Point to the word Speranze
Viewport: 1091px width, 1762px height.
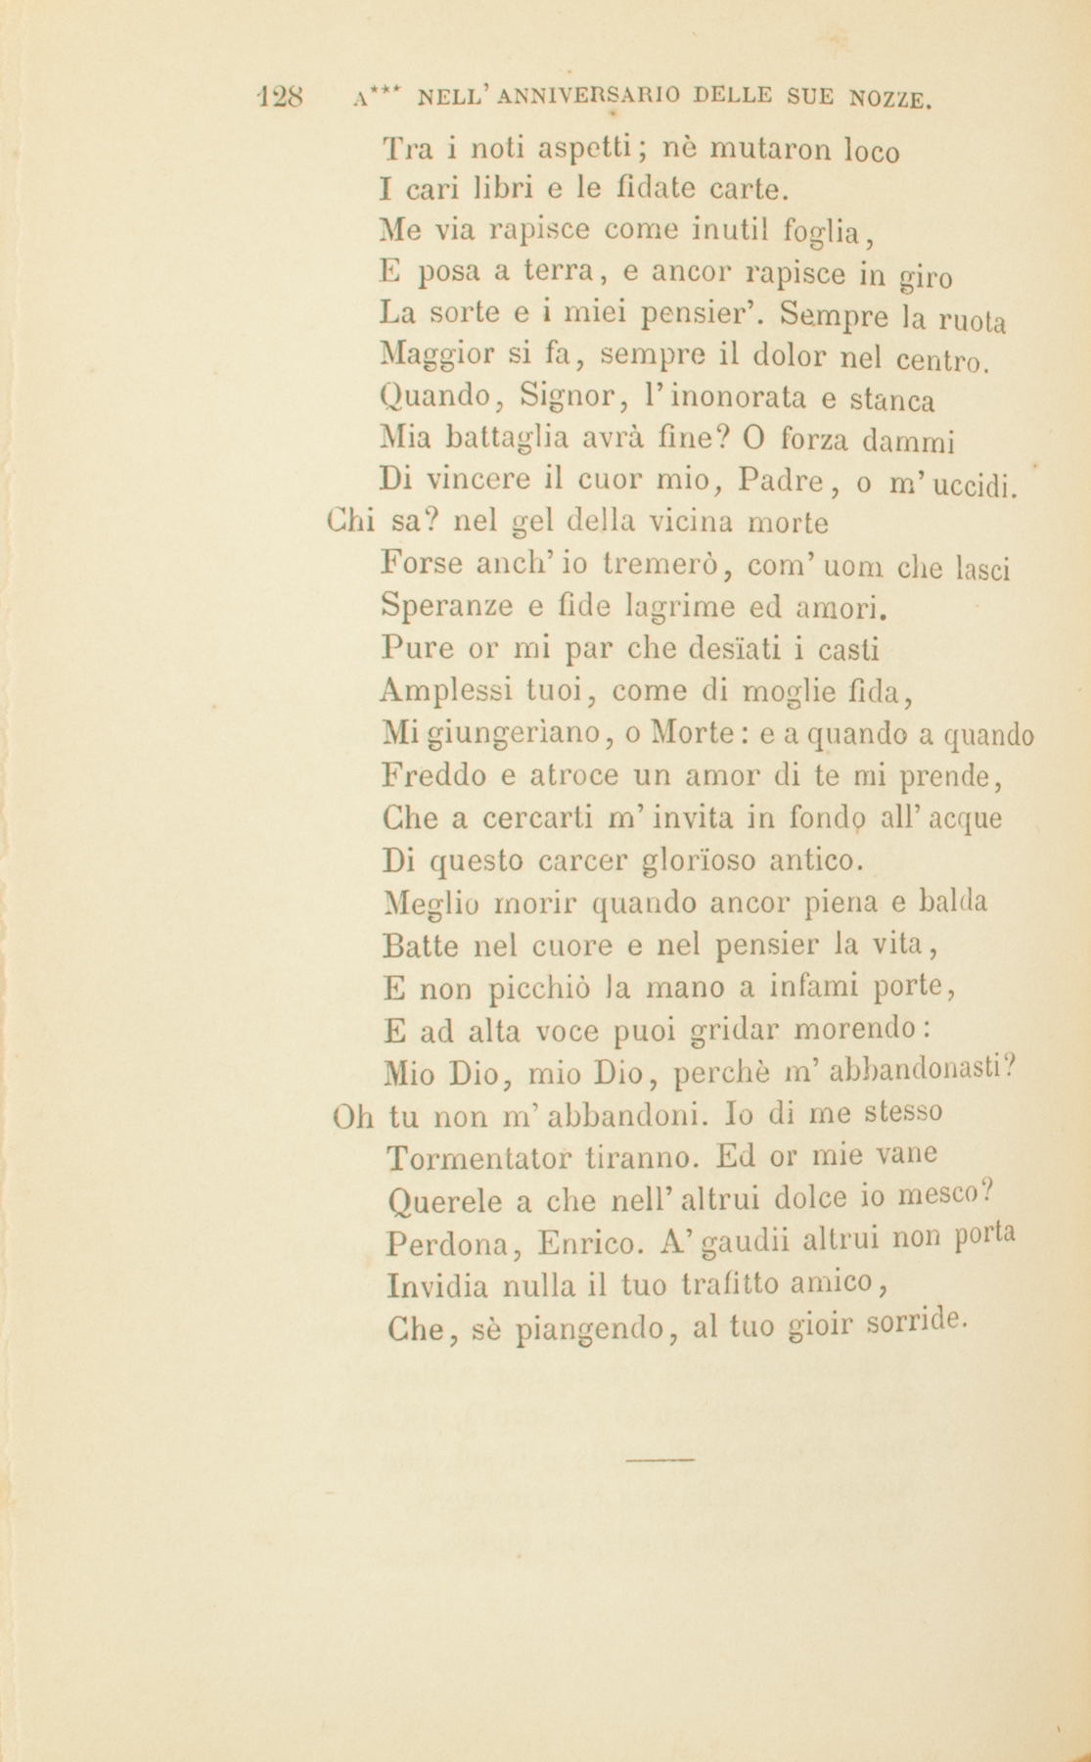[447, 607]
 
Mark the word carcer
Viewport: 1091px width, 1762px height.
[572, 861]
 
